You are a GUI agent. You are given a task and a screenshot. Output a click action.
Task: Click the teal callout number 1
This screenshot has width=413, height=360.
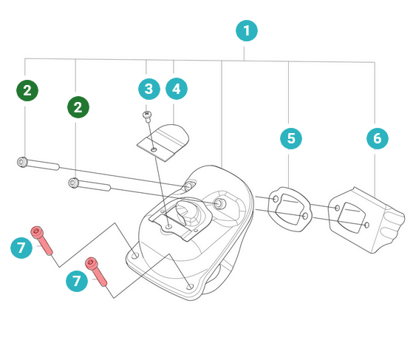[247, 31]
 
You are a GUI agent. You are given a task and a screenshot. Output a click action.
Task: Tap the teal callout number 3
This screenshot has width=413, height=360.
[149, 89]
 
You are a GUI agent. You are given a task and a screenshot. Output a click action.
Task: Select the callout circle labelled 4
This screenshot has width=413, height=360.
[177, 89]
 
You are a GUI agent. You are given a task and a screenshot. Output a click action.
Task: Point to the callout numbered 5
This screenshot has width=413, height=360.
[291, 138]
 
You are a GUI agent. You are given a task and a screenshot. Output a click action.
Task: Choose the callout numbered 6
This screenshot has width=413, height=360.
[378, 138]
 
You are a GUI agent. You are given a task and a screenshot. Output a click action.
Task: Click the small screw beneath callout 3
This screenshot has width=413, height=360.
[148, 116]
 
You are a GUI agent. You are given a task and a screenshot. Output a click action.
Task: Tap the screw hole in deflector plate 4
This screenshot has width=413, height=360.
[154, 150]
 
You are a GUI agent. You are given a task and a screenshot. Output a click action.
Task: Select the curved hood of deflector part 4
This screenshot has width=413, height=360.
[173, 136]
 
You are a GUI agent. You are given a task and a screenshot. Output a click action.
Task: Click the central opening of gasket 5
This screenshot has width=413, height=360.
[290, 209]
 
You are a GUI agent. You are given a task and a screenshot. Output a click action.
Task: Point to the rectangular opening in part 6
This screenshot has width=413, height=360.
[352, 217]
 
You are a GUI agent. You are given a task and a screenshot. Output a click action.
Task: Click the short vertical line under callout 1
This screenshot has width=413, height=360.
[244, 53]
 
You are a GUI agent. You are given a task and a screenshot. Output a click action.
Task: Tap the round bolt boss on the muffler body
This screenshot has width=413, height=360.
[219, 203]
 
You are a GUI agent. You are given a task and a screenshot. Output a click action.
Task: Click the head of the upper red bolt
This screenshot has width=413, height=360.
[37, 232]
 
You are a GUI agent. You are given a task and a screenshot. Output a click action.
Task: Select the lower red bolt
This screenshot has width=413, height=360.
[96, 272]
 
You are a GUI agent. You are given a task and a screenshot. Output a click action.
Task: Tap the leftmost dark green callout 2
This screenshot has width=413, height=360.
[27, 90]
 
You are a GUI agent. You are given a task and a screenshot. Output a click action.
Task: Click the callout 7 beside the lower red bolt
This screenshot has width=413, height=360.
[77, 281]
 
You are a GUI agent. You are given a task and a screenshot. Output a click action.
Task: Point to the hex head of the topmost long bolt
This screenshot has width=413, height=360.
[22, 162]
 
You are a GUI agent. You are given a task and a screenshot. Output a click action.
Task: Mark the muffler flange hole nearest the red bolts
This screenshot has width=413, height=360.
[135, 255]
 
